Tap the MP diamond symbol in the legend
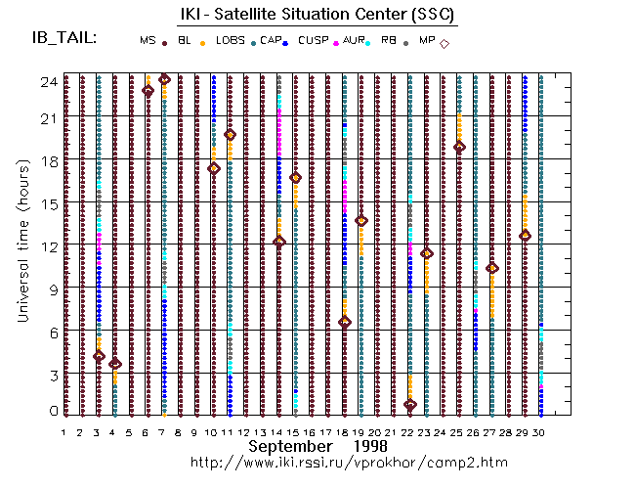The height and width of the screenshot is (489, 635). (444, 43)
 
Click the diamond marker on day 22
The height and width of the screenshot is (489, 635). (410, 405)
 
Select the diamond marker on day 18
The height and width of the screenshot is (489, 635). (345, 322)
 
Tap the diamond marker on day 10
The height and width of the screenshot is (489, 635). (214, 168)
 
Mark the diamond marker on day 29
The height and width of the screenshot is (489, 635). (525, 236)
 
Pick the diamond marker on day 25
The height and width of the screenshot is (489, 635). (459, 148)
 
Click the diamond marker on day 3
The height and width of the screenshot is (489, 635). (99, 356)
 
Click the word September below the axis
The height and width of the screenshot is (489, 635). (288, 446)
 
